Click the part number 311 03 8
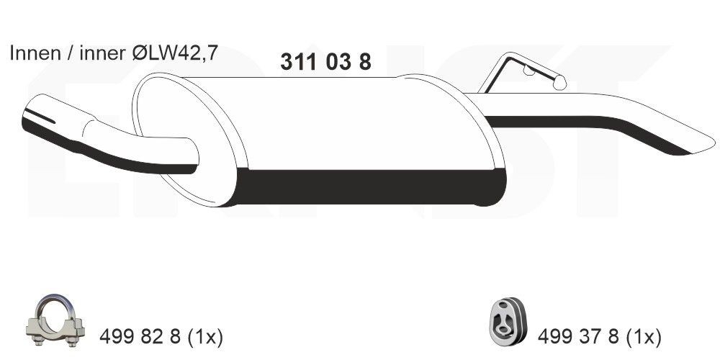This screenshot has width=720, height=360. click(x=325, y=63)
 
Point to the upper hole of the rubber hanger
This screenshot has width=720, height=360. click(x=508, y=311)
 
